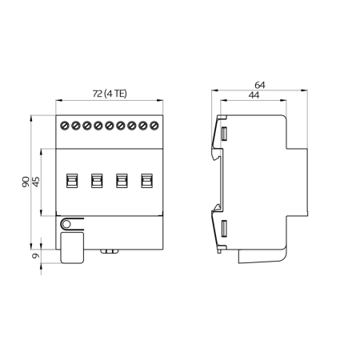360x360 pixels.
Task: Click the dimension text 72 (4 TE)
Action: pyautogui.click(x=109, y=94)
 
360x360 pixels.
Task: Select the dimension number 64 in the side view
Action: pyautogui.click(x=259, y=84)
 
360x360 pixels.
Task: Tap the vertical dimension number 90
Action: pyautogui.click(x=26, y=182)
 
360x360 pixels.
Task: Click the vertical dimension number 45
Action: pyautogui.click(x=36, y=182)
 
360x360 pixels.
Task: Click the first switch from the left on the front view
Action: pyautogui.click(x=71, y=182)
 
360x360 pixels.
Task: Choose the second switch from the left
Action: pyautogui.click(x=96, y=182)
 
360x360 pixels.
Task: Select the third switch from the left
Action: pyautogui.click(x=122, y=182)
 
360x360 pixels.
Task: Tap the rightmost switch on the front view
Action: pyautogui.click(x=146, y=182)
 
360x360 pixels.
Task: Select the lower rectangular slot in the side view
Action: pyautogui.click(x=225, y=230)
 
